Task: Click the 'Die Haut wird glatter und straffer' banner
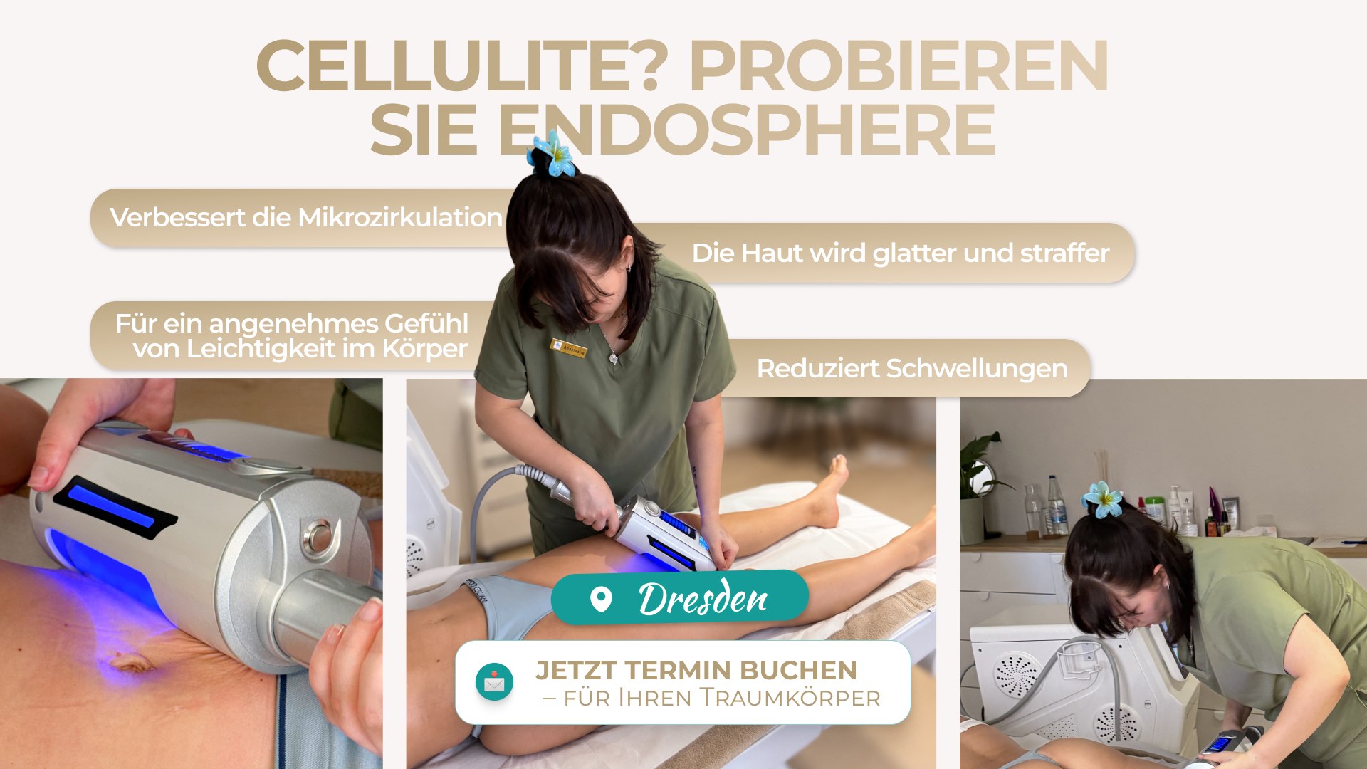point(901,253)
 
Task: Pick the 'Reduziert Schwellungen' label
point(911,368)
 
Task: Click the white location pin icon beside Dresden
point(602,600)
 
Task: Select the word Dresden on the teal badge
point(703,598)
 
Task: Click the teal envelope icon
point(494,682)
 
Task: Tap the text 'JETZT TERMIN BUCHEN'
point(696,670)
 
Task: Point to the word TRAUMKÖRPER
point(790,697)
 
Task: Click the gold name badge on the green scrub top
point(569,348)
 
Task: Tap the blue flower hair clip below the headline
point(552,152)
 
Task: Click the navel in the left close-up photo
point(132,661)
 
